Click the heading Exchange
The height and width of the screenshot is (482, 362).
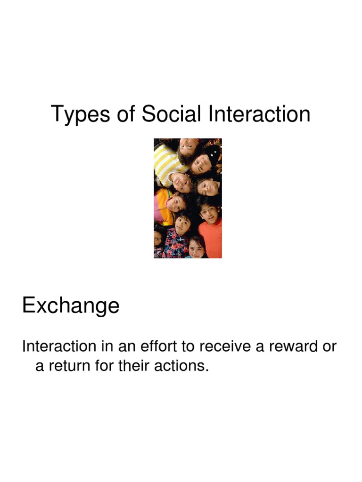tap(71, 306)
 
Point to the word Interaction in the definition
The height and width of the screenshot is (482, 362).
tap(59, 346)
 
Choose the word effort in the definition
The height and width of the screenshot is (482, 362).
tap(156, 346)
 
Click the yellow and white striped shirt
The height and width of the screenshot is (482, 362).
tap(167, 162)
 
